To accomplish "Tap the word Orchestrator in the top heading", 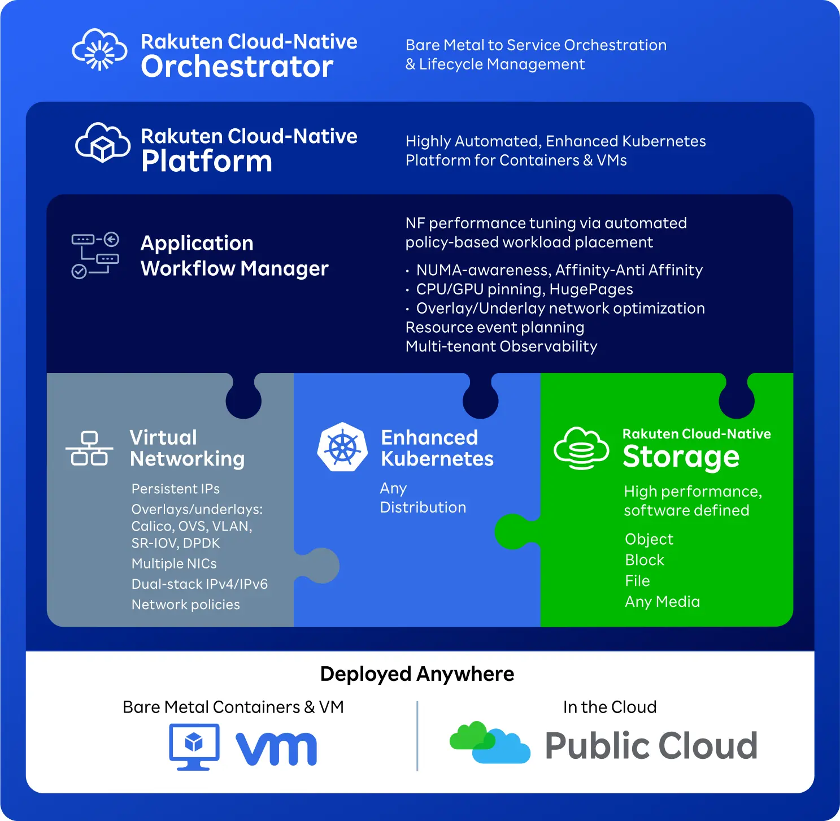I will pos(237,67).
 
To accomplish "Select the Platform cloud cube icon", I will pos(102,142).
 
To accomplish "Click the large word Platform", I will pos(207,161).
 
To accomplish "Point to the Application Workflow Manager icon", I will pos(95,255).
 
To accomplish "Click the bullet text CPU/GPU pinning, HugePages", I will pos(524,289).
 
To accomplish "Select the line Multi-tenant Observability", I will pos(501,346).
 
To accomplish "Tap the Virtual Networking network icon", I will pos(89,449).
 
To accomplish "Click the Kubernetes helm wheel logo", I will pos(342,448).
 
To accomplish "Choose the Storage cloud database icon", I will pos(581,448).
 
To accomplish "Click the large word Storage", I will pos(681,457).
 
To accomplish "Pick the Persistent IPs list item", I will pos(175,489).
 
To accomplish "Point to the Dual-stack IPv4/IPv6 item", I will pos(199,584).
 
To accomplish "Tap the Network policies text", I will pos(185,605).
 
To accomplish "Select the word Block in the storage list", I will pos(645,560).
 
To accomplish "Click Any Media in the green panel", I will pos(662,602).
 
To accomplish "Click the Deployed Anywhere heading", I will pos(417,674).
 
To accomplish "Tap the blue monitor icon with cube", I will pos(194,746).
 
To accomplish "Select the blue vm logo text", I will pos(276,749).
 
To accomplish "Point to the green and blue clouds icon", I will pos(490,742).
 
